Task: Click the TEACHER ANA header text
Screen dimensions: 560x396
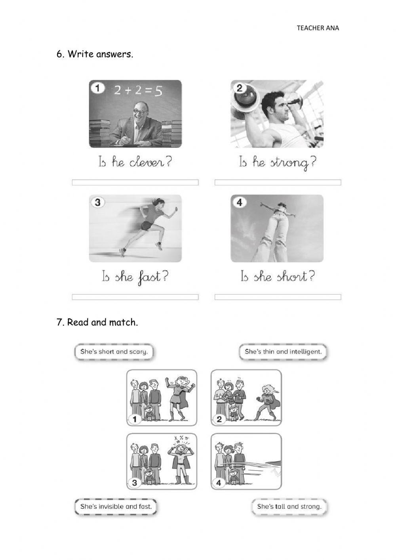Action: [x=318, y=28]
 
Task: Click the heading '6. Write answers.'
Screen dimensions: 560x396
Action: [x=95, y=54]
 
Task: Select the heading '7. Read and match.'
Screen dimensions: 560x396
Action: [x=97, y=322]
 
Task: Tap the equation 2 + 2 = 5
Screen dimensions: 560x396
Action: [x=138, y=91]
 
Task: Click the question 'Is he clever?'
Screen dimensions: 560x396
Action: [x=135, y=162]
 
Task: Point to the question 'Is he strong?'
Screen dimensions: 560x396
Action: [x=277, y=163]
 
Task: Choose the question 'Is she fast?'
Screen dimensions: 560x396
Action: [x=135, y=277]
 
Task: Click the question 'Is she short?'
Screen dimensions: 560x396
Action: [x=277, y=277]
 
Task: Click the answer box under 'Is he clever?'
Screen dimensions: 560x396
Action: [x=135, y=182]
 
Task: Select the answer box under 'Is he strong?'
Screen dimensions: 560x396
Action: [x=278, y=182]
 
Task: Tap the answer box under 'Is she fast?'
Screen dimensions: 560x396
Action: [x=135, y=297]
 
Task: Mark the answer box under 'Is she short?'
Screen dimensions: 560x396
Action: [x=278, y=297]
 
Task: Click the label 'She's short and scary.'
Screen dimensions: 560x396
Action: [x=114, y=352]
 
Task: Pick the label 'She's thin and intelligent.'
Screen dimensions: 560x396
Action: [x=283, y=352]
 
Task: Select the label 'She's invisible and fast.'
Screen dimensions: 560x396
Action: [x=116, y=506]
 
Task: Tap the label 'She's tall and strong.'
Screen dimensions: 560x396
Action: [x=289, y=506]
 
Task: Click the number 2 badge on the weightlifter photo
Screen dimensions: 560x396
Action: [x=239, y=88]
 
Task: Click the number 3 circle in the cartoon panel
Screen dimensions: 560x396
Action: [x=135, y=483]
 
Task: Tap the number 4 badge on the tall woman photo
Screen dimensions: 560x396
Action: [x=239, y=203]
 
